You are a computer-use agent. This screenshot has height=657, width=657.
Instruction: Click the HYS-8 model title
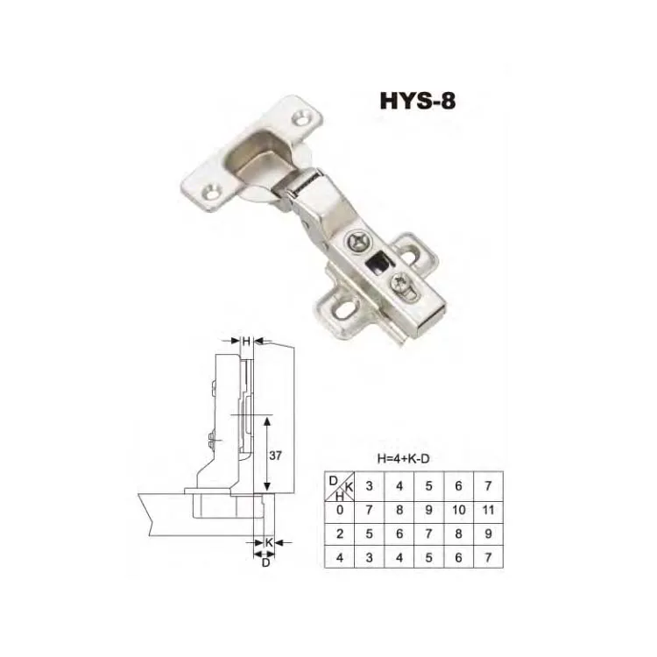pyautogui.click(x=417, y=101)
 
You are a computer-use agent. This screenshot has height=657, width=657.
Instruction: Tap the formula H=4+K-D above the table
pyautogui.click(x=404, y=458)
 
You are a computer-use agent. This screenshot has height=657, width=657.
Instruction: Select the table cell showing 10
pyautogui.click(x=459, y=510)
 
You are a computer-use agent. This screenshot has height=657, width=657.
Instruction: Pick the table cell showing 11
pyautogui.click(x=488, y=510)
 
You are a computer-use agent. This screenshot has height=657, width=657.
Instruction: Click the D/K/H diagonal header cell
pyautogui.click(x=339, y=486)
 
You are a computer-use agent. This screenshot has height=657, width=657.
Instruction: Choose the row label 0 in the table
pyautogui.click(x=340, y=510)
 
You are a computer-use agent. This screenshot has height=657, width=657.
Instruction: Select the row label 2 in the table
pyautogui.click(x=340, y=533)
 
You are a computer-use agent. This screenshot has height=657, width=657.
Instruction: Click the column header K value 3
pyautogui.click(x=369, y=486)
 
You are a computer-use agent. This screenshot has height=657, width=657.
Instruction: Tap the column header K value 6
pyautogui.click(x=459, y=486)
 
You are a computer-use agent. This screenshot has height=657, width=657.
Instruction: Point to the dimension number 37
pyautogui.click(x=275, y=456)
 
